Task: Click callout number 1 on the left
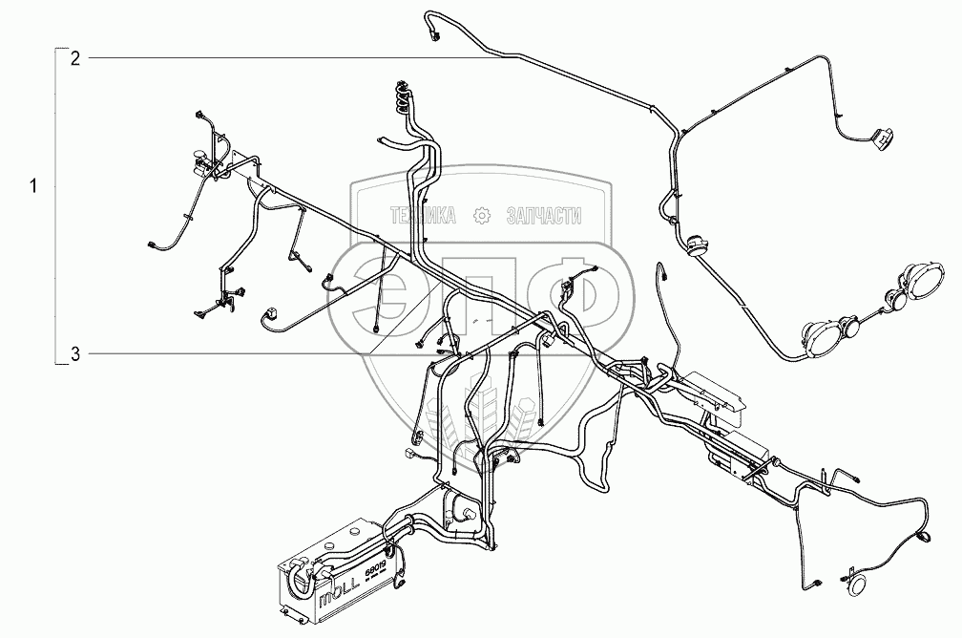[35, 186]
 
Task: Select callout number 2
[74, 58]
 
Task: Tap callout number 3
[74, 354]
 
